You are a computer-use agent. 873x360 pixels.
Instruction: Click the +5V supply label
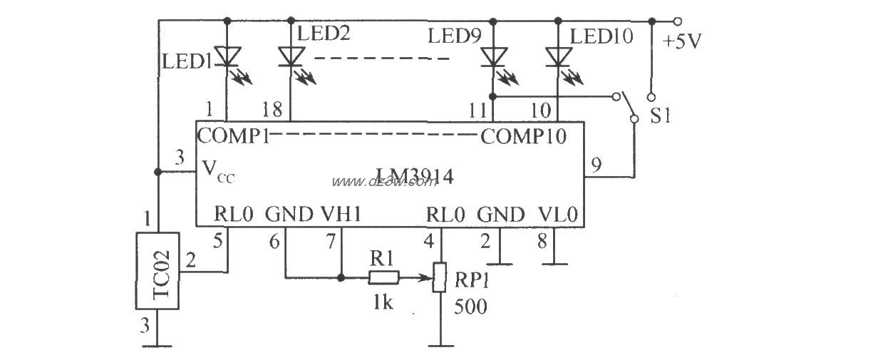point(683,41)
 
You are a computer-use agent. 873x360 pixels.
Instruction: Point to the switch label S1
point(661,114)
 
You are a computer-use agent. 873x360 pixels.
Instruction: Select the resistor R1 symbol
point(383,277)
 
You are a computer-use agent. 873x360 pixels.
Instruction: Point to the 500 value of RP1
point(471,308)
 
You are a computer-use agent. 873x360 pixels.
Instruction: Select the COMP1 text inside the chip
point(233,135)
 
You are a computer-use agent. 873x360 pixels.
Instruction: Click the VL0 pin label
point(556,214)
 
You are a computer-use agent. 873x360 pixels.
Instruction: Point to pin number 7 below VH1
point(330,241)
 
